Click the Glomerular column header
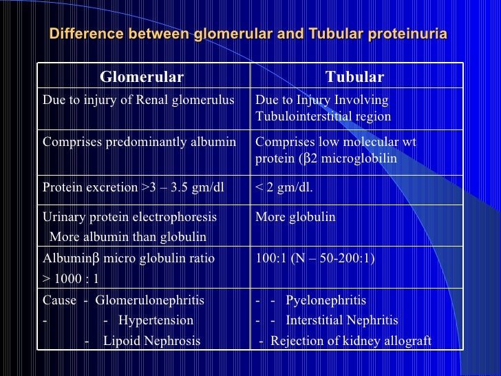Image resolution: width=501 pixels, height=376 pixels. click(x=142, y=76)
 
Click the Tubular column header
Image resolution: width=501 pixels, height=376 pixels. click(x=354, y=76)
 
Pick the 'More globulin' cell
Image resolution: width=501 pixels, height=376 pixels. click(x=295, y=218)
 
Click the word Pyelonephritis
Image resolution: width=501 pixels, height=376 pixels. click(x=326, y=301)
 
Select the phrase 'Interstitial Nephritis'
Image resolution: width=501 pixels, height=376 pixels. click(x=341, y=321)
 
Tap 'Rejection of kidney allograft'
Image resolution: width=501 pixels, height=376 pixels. click(x=350, y=341)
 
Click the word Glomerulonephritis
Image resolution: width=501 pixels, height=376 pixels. click(x=149, y=301)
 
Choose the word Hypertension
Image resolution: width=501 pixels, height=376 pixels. click(x=156, y=321)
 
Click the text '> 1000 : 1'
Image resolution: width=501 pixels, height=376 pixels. click(x=71, y=278)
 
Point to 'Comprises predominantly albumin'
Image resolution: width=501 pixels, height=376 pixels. click(x=139, y=142)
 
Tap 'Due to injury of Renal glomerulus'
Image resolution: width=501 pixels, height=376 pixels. click(x=138, y=101)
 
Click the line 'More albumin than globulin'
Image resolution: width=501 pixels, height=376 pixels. click(x=128, y=237)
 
